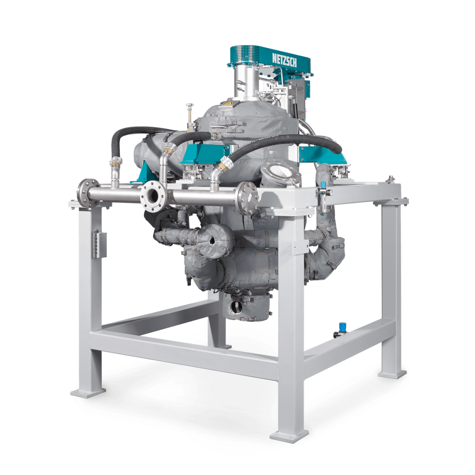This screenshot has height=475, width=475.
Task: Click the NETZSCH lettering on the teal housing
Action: (x=284, y=60)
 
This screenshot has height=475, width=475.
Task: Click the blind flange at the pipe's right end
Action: (x=247, y=198)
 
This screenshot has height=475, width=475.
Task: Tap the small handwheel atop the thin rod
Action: (x=190, y=105)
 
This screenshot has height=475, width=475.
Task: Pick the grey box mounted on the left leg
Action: (x=99, y=244)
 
